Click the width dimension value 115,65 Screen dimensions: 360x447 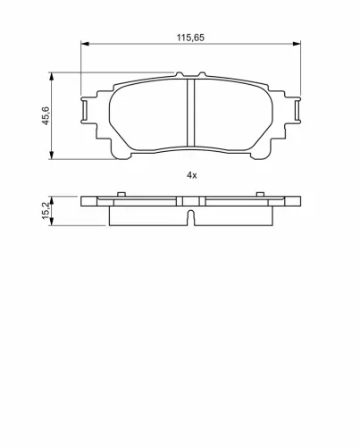click(x=190, y=38)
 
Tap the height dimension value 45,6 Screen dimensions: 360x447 click(x=46, y=115)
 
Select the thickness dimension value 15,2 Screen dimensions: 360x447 click(x=46, y=210)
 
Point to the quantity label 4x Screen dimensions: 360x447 click(x=191, y=175)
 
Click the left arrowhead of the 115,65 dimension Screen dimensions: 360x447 click(x=85, y=44)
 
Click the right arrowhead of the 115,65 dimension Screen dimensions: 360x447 click(x=297, y=44)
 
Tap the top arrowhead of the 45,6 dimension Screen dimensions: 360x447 click(x=52, y=76)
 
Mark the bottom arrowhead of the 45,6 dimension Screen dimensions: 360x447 click(x=52, y=155)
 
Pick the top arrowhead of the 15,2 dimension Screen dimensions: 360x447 click(x=52, y=200)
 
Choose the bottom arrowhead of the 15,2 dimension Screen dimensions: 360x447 click(x=52, y=222)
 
